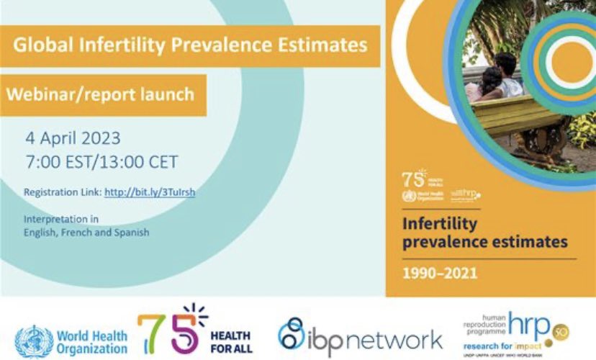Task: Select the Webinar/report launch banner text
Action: tap(101, 94)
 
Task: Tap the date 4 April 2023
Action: tap(72, 138)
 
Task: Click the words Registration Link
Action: tap(62, 193)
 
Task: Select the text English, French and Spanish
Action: tap(86, 232)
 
